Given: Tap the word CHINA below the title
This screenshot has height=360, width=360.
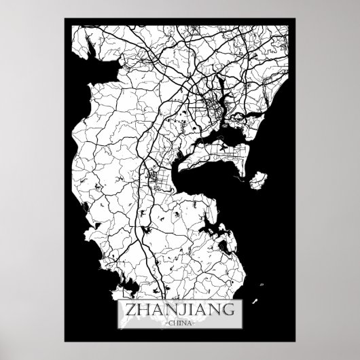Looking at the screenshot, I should [180, 323].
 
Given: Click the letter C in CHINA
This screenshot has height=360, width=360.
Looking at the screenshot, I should [169, 323].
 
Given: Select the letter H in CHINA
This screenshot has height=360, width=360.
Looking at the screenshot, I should [175, 323].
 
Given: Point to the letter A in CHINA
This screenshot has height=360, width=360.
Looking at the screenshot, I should [190, 323].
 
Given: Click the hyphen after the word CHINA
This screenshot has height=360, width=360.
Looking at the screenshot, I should [196, 323].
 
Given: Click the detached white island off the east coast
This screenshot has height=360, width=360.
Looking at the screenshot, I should [257, 181].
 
